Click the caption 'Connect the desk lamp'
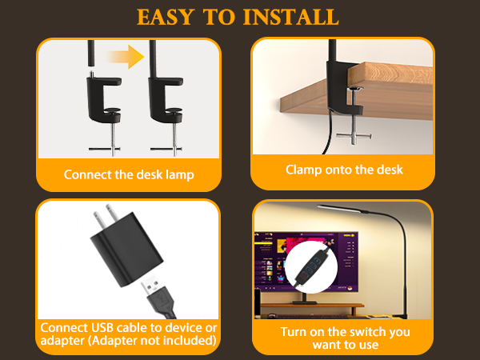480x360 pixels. point(129,174)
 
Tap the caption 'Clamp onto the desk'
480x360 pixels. point(344,170)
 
